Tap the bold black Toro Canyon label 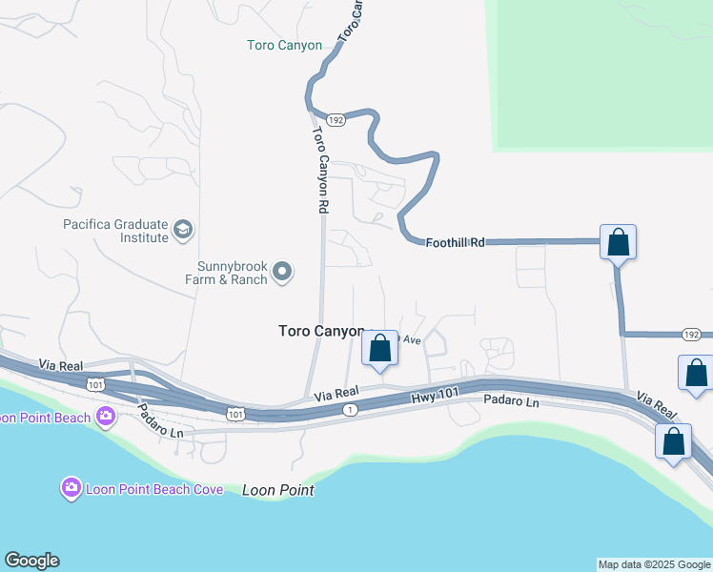coord(321,331)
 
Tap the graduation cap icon coord(183,230)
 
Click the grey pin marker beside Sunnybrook coord(282,273)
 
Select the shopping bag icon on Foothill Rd coord(619,243)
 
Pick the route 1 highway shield coord(350,409)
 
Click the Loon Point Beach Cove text coord(154,489)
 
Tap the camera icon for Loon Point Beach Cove coord(71,489)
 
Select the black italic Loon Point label coord(277,491)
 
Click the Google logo coord(31,561)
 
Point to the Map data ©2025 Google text coord(654,564)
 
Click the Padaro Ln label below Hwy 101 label coord(511,402)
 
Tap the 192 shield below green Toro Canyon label coord(335,120)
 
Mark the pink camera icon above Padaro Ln coord(105,416)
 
